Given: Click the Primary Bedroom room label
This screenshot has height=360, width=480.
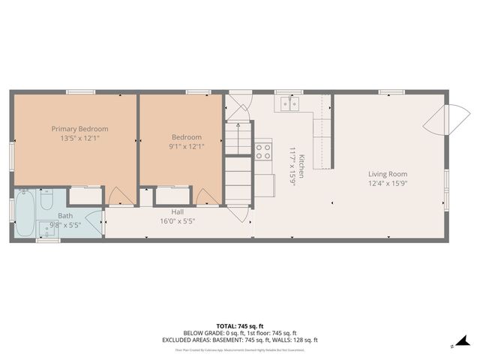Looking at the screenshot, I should point(79,128).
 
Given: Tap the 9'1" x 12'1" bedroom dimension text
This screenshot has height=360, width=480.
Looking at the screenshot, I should point(187,146).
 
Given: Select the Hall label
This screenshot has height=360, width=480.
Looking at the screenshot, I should point(177,211).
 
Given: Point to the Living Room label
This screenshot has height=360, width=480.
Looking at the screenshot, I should point(388,174).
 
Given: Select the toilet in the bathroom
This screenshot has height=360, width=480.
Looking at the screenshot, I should point(45,201).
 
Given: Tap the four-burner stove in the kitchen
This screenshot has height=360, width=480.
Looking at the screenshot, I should point(263,152).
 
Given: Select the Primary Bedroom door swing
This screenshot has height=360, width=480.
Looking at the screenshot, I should point(118,196).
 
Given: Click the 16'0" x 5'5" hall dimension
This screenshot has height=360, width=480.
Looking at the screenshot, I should point(177,221).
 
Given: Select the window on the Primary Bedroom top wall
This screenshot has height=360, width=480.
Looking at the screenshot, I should point(80,92).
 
